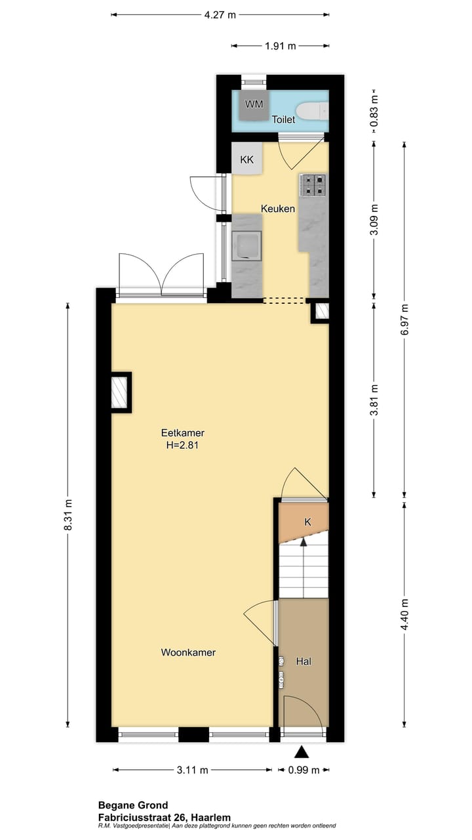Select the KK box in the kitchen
(247, 159)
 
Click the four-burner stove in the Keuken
(313, 185)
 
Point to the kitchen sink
(247, 245)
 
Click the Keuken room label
(277, 209)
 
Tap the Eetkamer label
(183, 433)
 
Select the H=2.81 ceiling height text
(183, 445)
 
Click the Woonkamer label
(189, 652)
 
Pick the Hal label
(304, 661)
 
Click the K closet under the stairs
(307, 522)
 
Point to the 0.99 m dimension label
(302, 770)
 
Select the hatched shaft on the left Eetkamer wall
(119, 392)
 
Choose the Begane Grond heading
(133, 805)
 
